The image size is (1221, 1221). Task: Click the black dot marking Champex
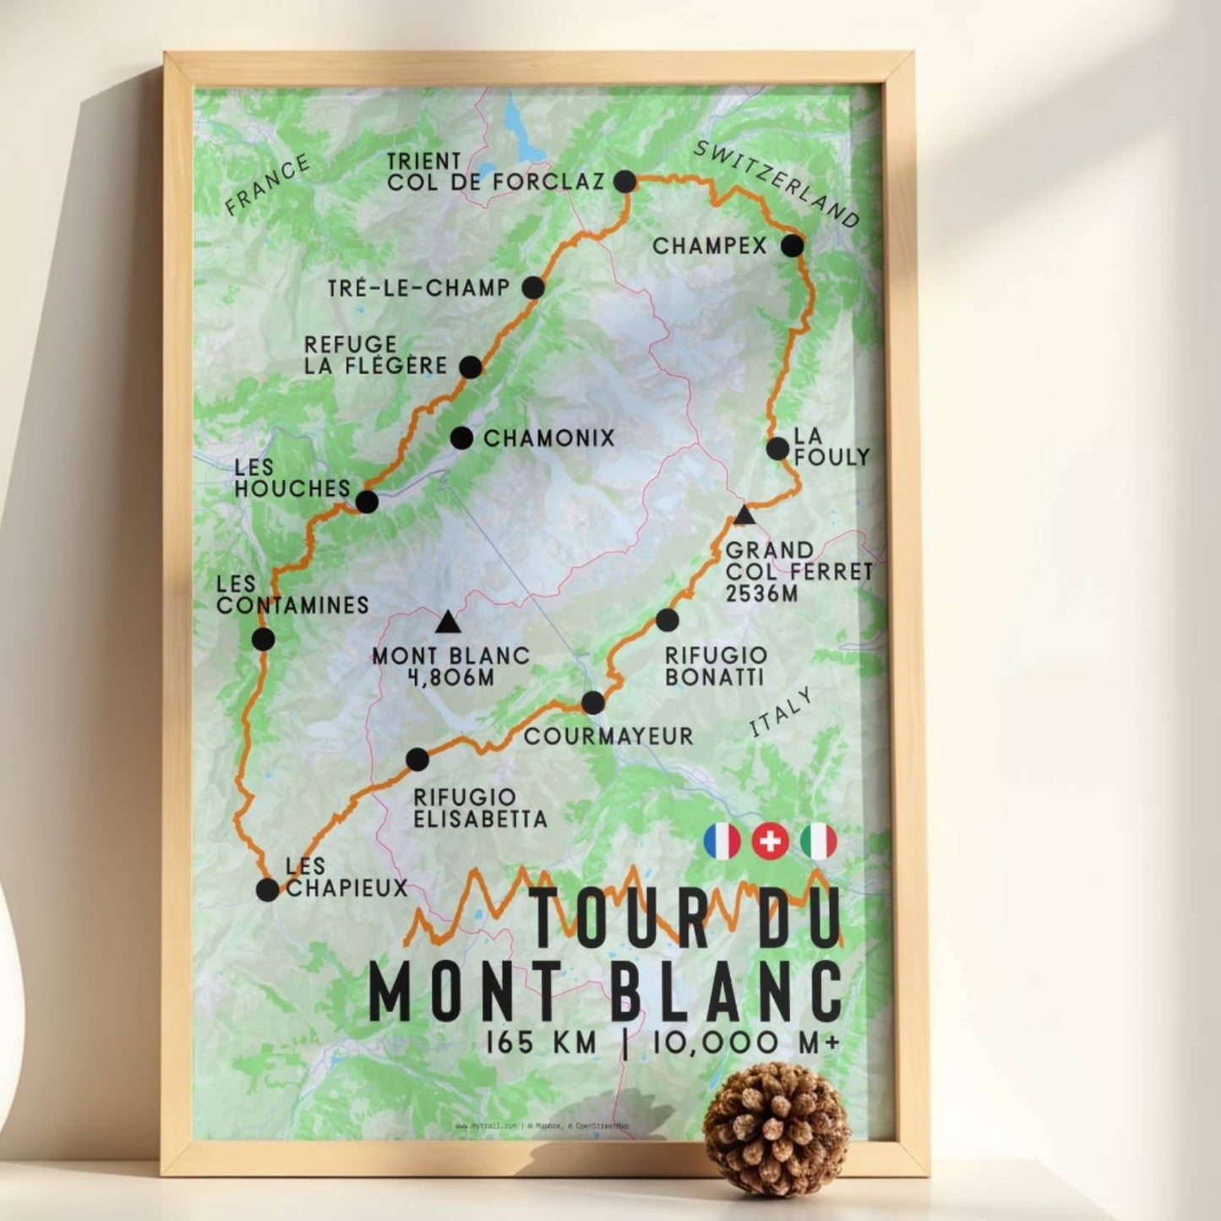792,246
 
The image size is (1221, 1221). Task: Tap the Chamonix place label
548,438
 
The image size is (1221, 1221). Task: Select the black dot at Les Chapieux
267,890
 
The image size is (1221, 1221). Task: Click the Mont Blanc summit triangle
447,624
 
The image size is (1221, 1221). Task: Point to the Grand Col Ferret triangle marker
744,515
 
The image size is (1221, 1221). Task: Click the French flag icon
722,842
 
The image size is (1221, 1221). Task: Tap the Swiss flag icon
770,842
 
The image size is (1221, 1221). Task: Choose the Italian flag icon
819,842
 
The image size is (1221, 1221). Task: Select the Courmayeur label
608,736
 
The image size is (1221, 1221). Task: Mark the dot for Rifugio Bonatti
667,620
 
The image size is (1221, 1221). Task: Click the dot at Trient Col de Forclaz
624,181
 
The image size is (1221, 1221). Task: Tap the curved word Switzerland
776,184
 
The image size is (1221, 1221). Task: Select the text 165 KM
541,1043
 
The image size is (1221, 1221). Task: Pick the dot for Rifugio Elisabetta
417,760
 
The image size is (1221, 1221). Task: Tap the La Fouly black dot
777,449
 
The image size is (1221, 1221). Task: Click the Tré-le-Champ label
419,288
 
